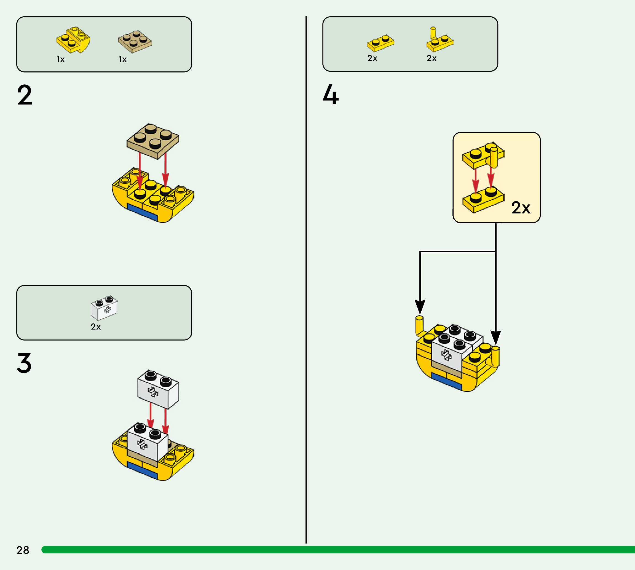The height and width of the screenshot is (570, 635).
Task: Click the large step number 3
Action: (x=25, y=363)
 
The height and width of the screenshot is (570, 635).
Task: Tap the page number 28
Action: (x=23, y=550)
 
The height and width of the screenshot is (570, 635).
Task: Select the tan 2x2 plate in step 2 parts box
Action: (x=135, y=42)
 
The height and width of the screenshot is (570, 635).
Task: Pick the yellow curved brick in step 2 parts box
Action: (x=73, y=40)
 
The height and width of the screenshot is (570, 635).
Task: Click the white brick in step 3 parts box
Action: (x=104, y=308)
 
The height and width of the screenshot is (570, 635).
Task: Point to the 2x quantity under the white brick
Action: (x=96, y=327)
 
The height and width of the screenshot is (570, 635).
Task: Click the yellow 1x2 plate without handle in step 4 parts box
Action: (x=381, y=43)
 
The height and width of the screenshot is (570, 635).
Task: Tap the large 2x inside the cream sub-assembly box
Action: (x=521, y=207)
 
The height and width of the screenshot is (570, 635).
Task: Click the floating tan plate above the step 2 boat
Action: (x=153, y=141)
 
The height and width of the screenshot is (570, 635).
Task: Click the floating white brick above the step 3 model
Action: (x=158, y=389)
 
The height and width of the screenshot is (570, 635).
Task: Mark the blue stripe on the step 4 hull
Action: (x=446, y=381)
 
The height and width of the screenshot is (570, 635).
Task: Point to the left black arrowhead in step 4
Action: (x=420, y=307)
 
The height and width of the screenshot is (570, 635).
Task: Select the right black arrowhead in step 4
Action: (x=496, y=338)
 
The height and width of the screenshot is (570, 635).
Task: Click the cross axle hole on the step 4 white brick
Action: (x=446, y=355)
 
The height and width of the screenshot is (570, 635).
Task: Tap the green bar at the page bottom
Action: (x=338, y=550)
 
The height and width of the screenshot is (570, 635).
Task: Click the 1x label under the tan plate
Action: (x=122, y=59)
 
